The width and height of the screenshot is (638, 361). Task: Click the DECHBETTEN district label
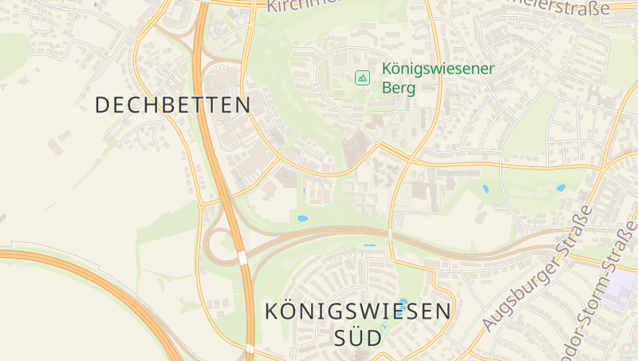[x=172, y=105]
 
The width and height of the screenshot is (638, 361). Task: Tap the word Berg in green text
[x=399, y=88]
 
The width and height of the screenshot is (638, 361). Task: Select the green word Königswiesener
[x=438, y=69]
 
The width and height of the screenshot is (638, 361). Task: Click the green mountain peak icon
[x=362, y=77]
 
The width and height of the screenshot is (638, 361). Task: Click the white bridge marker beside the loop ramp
[x=242, y=258]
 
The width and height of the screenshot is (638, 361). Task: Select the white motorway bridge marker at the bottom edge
[x=250, y=348]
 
